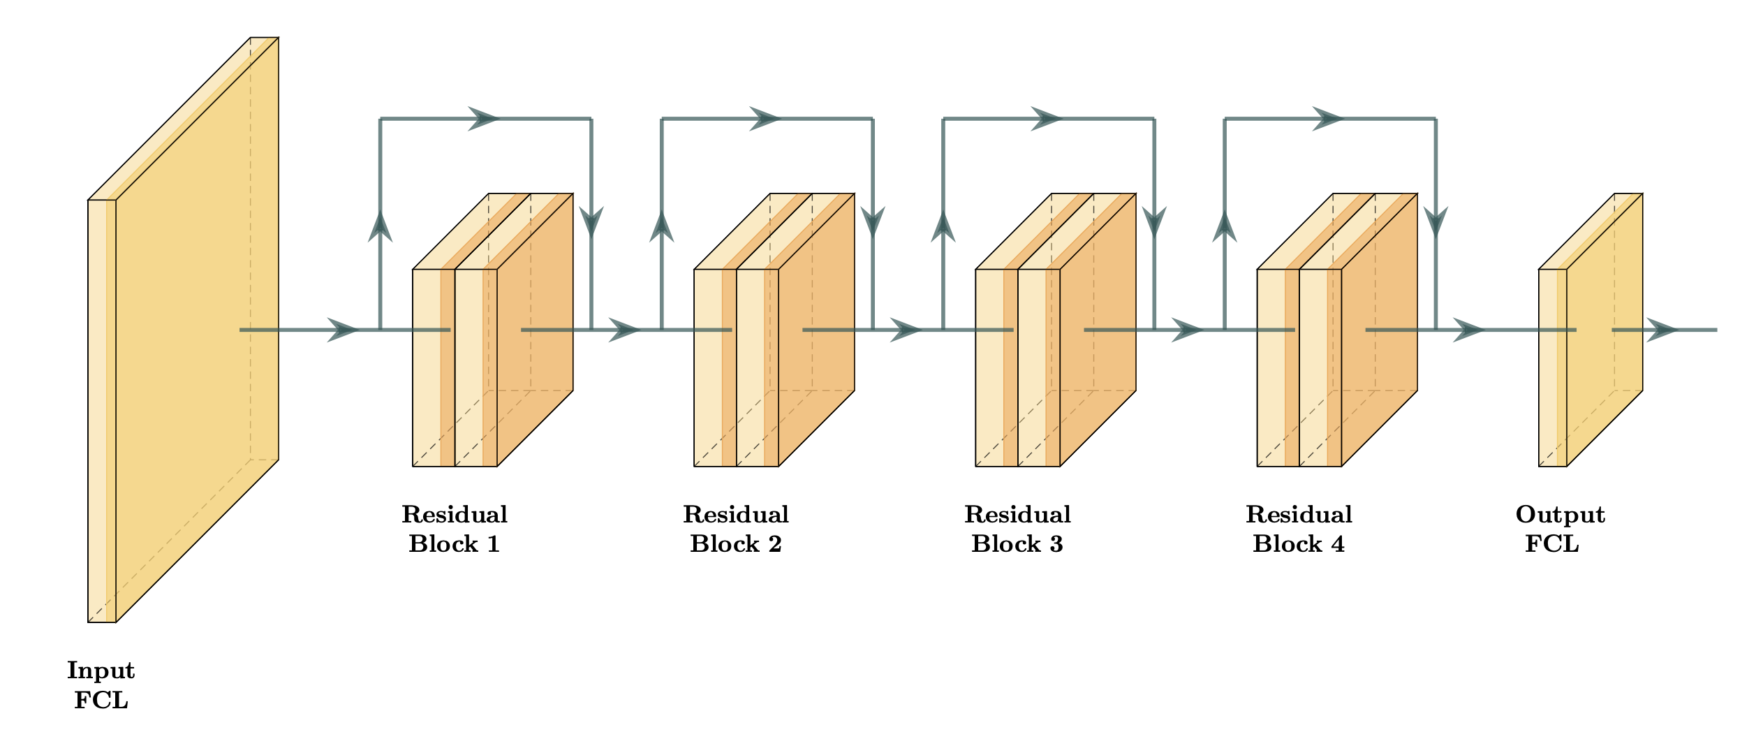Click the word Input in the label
(101, 671)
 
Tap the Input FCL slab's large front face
(197, 328)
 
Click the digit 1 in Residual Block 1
(493, 544)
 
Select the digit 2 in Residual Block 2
(775, 544)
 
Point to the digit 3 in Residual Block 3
(1056, 544)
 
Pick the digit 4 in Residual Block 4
(1338, 544)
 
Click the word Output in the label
(1561, 515)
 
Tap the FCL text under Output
(1552, 544)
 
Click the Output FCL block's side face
(1604, 328)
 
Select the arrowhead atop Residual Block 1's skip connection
(483, 119)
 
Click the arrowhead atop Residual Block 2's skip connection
(765, 119)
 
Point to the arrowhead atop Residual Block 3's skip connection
(1047, 119)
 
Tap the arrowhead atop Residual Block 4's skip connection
(1328, 119)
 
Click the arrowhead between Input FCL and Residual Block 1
(343, 330)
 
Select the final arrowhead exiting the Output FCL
(1662, 330)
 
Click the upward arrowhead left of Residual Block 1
(381, 226)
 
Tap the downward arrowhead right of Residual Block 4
(1436, 222)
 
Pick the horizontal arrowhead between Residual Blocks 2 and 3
(906, 330)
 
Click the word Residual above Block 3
(1017, 515)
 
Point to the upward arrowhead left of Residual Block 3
(943, 226)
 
